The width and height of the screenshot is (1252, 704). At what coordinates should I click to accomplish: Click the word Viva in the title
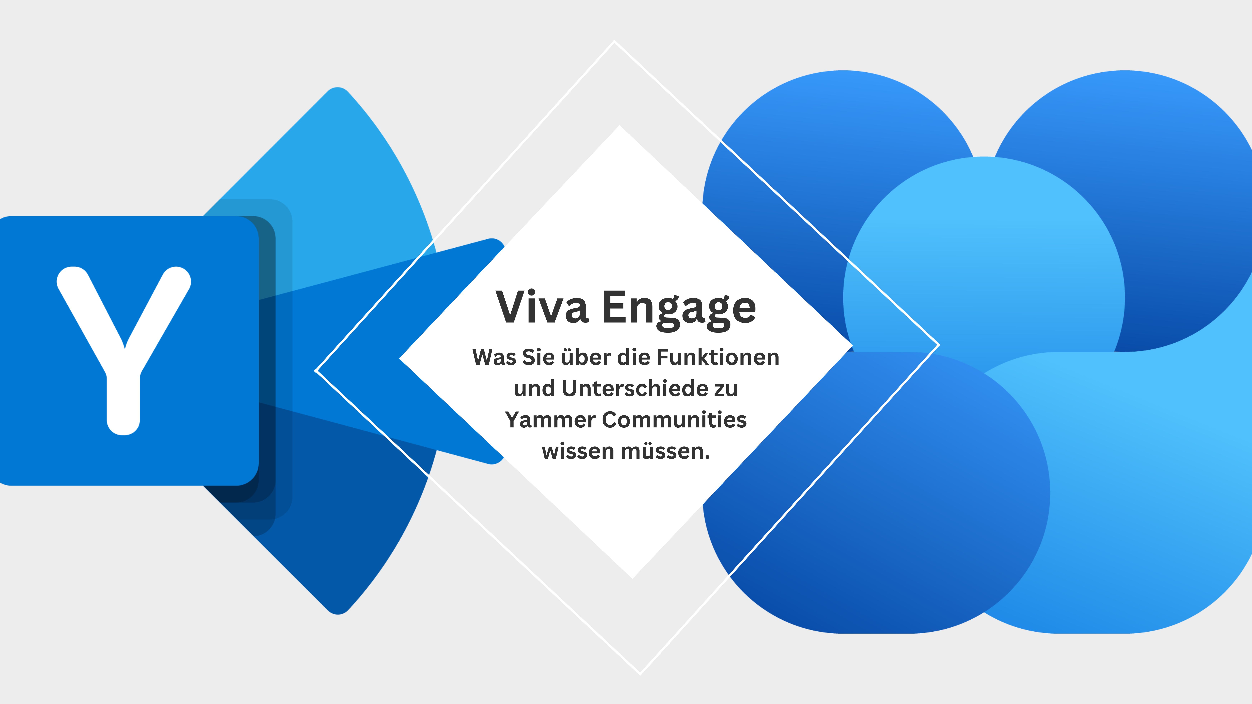click(542, 307)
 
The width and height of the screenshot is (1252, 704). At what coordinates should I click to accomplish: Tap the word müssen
click(666, 451)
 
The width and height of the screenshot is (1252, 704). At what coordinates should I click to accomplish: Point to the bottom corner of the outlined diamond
click(640, 674)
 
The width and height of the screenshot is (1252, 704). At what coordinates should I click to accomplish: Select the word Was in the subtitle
click(494, 358)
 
